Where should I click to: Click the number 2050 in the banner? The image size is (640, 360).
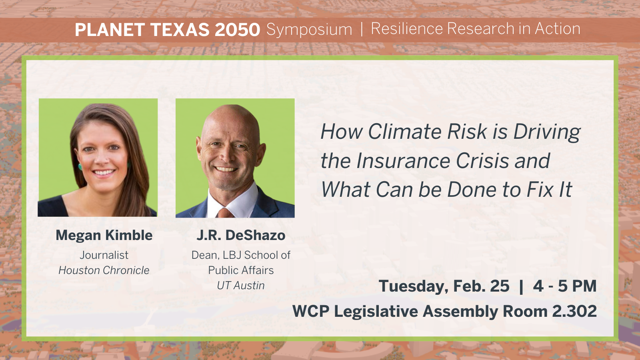237,30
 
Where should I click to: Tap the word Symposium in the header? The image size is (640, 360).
309,30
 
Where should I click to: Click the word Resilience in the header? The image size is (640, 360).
407,29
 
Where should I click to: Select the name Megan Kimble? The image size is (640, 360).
104,235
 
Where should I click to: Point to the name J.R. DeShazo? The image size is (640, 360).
241,235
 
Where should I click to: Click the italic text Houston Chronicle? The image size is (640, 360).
104,270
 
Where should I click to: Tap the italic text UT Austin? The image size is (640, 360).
241,286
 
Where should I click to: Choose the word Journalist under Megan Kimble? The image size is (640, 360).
104,255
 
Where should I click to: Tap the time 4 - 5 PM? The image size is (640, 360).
564,286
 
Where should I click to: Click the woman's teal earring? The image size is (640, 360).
80,167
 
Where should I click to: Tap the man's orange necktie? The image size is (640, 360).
225,213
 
